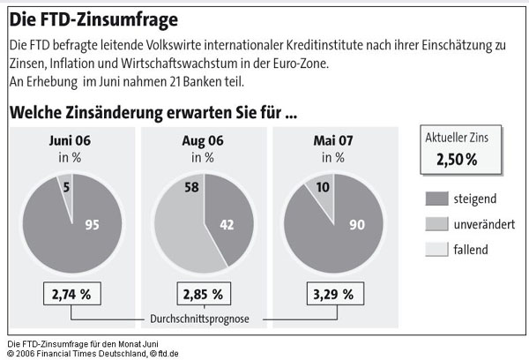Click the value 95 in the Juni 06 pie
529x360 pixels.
click(91, 225)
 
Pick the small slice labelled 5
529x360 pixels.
click(67, 186)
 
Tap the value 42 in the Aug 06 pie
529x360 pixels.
click(226, 225)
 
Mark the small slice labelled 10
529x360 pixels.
click(324, 188)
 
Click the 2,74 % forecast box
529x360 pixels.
click(70, 293)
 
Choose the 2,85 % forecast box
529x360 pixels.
click(202, 293)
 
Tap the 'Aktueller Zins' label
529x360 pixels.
click(457, 138)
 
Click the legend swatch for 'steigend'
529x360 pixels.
click(437, 198)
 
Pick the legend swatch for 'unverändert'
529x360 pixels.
click(437, 224)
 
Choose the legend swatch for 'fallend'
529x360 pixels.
click(437, 250)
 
